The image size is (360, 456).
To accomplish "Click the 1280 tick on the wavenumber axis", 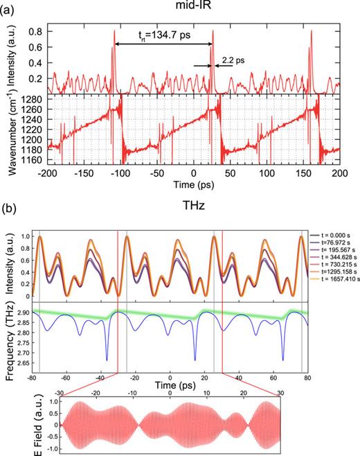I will [x=35, y=100].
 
